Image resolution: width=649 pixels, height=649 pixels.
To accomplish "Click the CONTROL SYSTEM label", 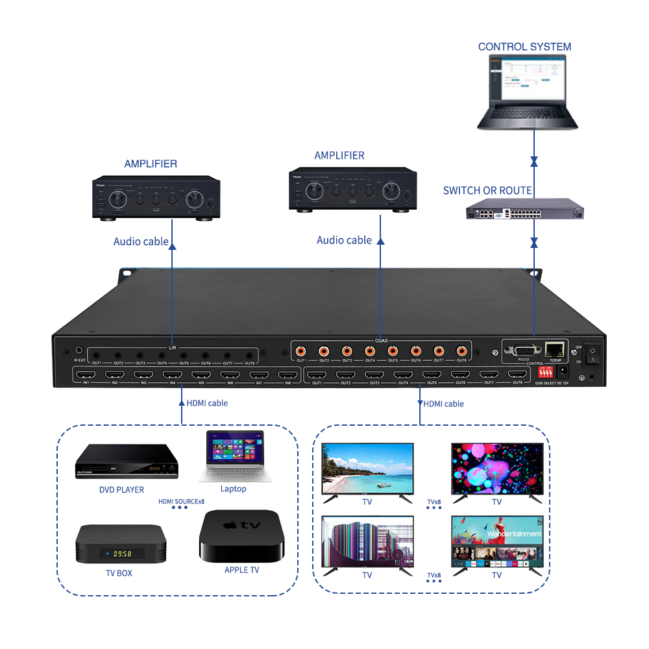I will click(x=524, y=47).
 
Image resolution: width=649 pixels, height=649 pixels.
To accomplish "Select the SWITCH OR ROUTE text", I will click(x=487, y=191).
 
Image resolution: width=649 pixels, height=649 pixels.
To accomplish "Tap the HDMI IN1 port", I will click(x=84, y=374).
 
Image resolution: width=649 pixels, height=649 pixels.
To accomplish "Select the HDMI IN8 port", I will click(x=288, y=374).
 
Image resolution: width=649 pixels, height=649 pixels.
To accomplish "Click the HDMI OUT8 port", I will click(x=517, y=374).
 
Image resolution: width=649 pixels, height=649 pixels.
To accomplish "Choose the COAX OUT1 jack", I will click(x=301, y=350).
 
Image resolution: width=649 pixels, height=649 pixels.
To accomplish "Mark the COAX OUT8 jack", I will click(x=461, y=350).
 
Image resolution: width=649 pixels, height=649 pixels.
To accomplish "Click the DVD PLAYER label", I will click(x=121, y=489).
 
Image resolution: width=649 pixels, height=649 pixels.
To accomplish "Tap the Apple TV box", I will click(x=241, y=535).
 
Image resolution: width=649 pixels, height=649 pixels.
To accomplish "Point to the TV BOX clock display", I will click(x=121, y=554).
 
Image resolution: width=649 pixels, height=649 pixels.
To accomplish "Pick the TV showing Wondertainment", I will click(x=497, y=541).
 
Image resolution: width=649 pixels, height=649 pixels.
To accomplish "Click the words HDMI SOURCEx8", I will click(x=182, y=501).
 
